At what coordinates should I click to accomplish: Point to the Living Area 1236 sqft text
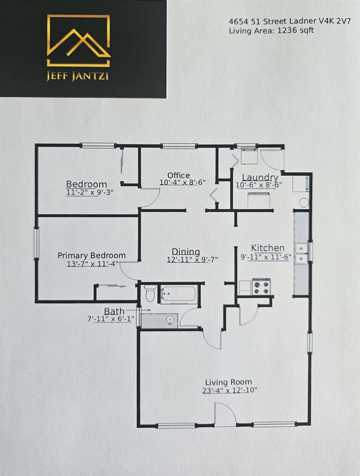point(271,31)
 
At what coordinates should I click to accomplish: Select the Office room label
point(178,175)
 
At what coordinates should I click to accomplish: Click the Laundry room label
point(254,177)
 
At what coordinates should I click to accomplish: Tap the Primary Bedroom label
point(92,255)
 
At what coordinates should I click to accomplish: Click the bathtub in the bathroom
point(179,295)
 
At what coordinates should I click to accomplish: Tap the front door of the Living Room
point(225,415)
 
